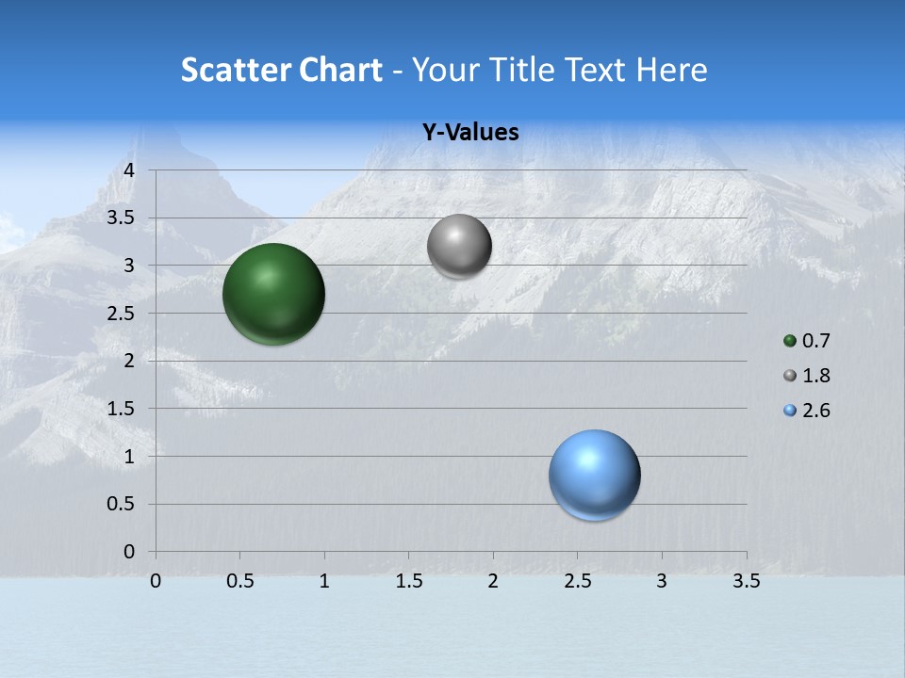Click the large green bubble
tap(273, 294)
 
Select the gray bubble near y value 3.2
tap(459, 247)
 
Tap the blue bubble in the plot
tap(594, 475)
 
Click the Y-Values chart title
tap(470, 133)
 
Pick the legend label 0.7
tap(815, 341)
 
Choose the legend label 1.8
tap(815, 376)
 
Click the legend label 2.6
tap(815, 411)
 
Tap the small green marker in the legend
tap(790, 341)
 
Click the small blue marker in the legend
tap(790, 411)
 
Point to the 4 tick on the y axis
tap(129, 170)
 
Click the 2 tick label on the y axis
tap(129, 361)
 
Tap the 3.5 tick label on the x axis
tap(746, 581)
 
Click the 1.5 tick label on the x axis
tap(408, 581)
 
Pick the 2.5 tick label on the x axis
tap(577, 581)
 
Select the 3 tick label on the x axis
tap(662, 581)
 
